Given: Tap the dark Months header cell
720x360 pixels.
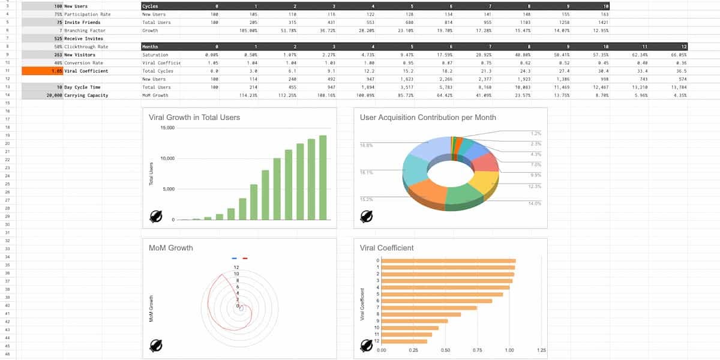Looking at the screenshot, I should (151, 46).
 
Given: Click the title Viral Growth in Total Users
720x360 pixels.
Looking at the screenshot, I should (194, 118).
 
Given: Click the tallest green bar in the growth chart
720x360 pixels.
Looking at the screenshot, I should (323, 178).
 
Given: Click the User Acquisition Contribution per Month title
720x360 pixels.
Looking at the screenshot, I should (428, 118).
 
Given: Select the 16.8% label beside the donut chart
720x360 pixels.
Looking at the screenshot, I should (366, 145).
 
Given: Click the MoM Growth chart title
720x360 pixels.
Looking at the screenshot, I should (171, 248).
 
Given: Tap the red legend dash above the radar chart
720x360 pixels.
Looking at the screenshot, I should (245, 258).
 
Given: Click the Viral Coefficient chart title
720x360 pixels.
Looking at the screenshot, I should (386, 248).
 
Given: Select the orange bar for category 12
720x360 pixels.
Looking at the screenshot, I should (404, 341).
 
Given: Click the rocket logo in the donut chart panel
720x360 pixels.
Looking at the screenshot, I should (367, 217).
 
